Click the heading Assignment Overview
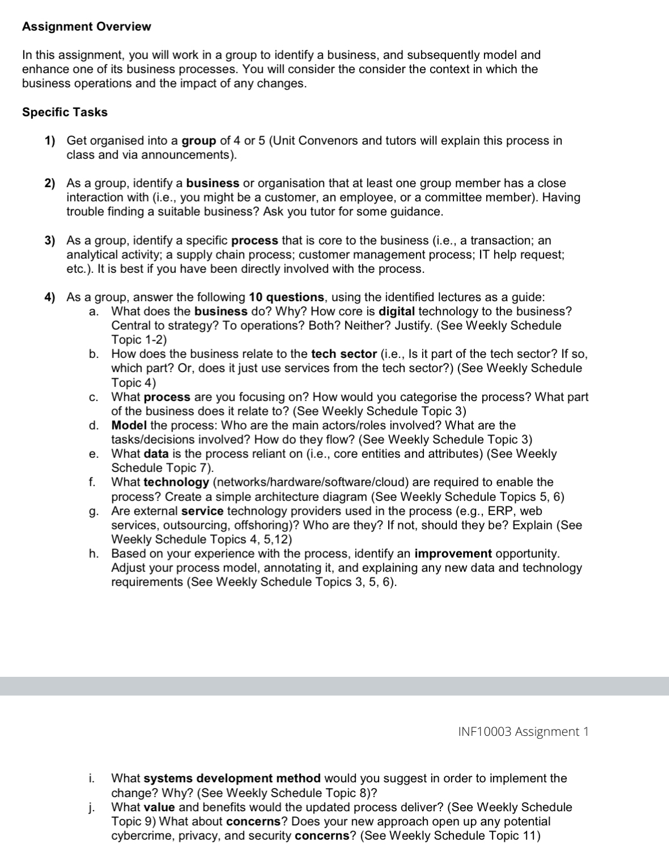pos(86,27)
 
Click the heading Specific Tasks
pos(65,112)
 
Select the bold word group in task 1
pos(199,141)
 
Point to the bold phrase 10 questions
pos(286,297)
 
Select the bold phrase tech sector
pos(344,354)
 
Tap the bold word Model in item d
pos(129,425)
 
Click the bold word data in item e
pos(156,454)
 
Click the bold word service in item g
pos(202,511)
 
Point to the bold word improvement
pos(453,554)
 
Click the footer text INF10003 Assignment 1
pos(523,731)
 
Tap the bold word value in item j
pos(159,807)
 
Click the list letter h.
pos(94,554)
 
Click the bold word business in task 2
pos(212,183)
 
